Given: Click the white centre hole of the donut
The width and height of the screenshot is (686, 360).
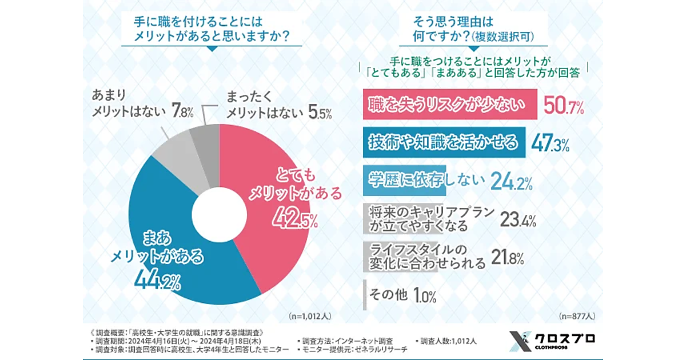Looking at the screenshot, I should click(x=214, y=215).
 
